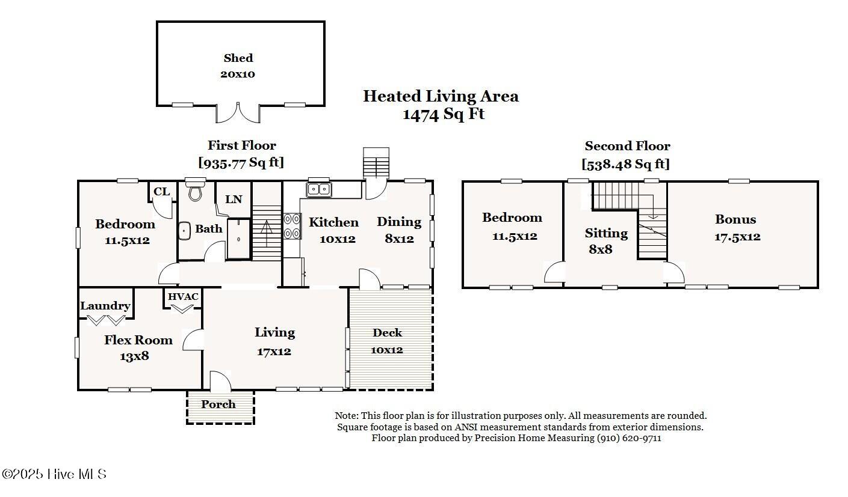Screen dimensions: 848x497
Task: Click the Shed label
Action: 238,58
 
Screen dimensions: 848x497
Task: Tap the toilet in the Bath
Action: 195,190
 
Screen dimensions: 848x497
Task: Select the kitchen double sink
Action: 319,189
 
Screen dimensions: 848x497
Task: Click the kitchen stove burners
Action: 292,226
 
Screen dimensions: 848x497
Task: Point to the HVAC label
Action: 183,297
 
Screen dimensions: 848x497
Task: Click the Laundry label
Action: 105,306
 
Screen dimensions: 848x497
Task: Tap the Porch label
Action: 218,404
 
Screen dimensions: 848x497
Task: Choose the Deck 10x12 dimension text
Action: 386,350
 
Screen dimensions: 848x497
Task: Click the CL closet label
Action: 162,192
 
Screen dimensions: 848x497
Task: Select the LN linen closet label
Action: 234,199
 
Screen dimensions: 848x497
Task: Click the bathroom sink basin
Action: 184,230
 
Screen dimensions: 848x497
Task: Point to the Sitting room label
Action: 606,234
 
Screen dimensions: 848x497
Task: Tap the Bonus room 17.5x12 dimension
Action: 737,237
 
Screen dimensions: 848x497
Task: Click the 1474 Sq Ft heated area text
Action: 444,114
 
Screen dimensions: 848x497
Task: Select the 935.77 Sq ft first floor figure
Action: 241,162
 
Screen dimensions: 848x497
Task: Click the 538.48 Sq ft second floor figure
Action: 625,164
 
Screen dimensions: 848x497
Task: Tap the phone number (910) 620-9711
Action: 629,438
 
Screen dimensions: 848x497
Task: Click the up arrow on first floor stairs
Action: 267,233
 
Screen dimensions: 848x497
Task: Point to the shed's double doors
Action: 238,112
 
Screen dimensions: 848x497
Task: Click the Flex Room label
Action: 138,340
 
